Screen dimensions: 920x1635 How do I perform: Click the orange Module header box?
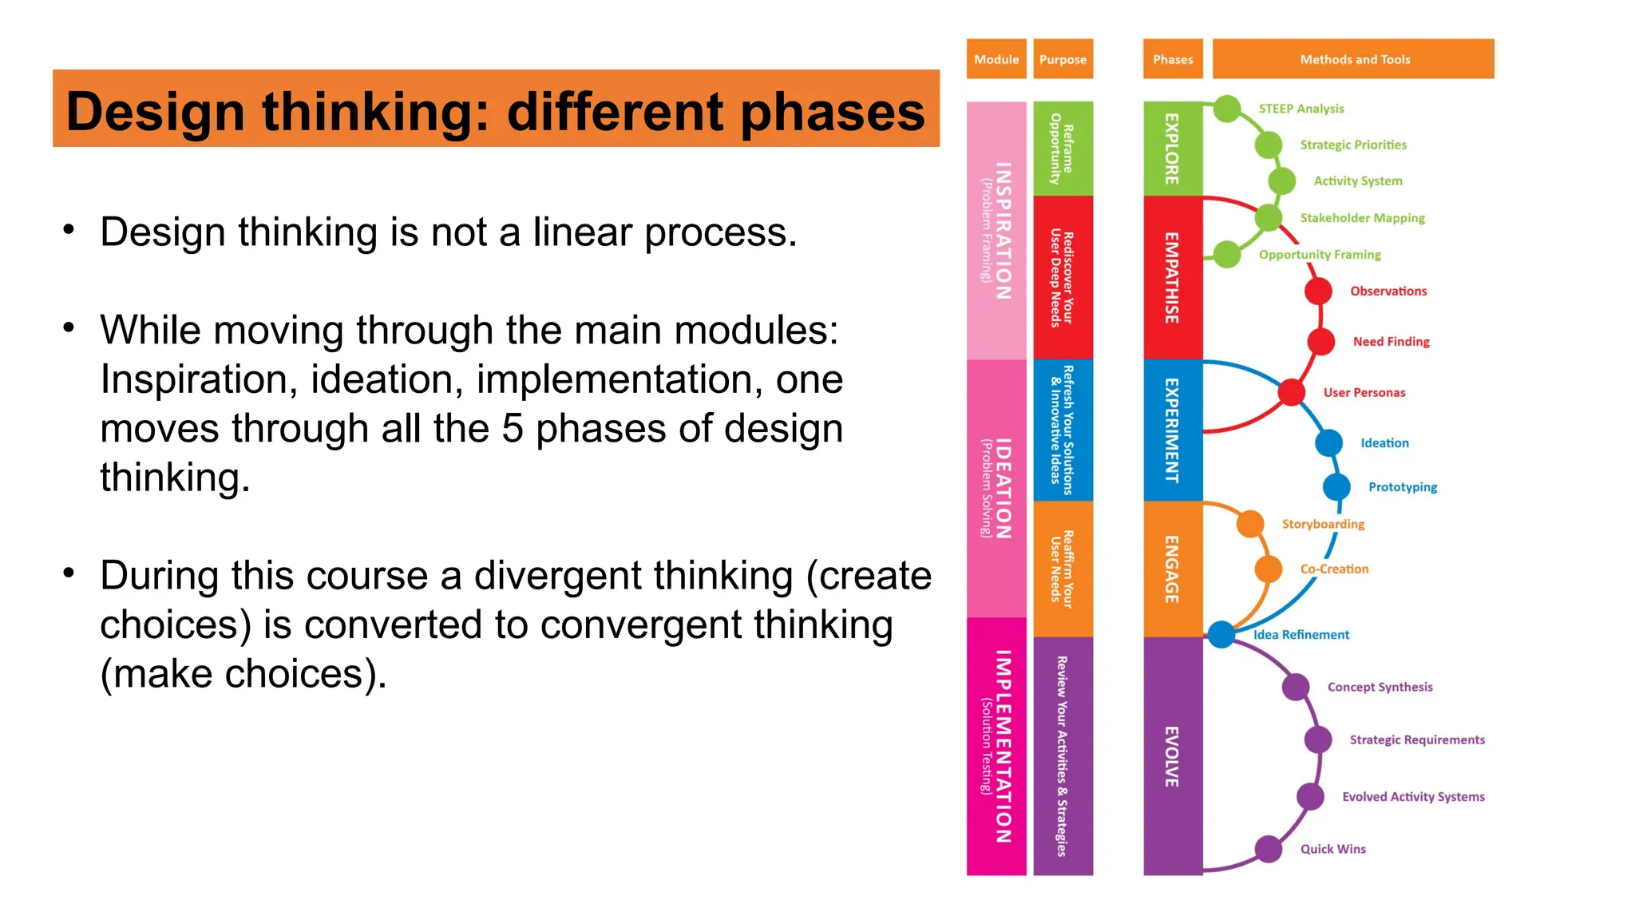click(996, 59)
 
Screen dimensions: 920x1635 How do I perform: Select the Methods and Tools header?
click(1353, 59)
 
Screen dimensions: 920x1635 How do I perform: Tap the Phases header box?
click(1172, 59)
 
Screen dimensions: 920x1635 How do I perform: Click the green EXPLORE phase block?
click(1172, 149)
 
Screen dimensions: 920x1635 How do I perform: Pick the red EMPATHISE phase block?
click(1172, 277)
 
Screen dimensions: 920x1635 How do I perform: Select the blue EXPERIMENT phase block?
click(1172, 430)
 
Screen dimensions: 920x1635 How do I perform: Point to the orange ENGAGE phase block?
click(1172, 569)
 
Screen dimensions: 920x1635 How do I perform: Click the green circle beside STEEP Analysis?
click(1227, 109)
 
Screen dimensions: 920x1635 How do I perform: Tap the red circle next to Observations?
click(1318, 291)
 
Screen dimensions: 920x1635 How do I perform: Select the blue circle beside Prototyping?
click(1336, 486)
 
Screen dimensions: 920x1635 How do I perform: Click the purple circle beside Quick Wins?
click(1269, 849)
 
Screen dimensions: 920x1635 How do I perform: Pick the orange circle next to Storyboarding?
click(1250, 524)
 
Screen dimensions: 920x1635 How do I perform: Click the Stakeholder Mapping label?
click(1362, 218)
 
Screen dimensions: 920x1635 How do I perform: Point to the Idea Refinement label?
click(1301, 635)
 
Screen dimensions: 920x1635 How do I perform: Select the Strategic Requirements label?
click(1417, 740)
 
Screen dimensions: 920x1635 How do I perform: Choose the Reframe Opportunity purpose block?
click(1063, 149)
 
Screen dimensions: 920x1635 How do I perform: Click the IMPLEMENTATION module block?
click(996, 746)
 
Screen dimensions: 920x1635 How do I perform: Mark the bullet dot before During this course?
click(69, 573)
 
